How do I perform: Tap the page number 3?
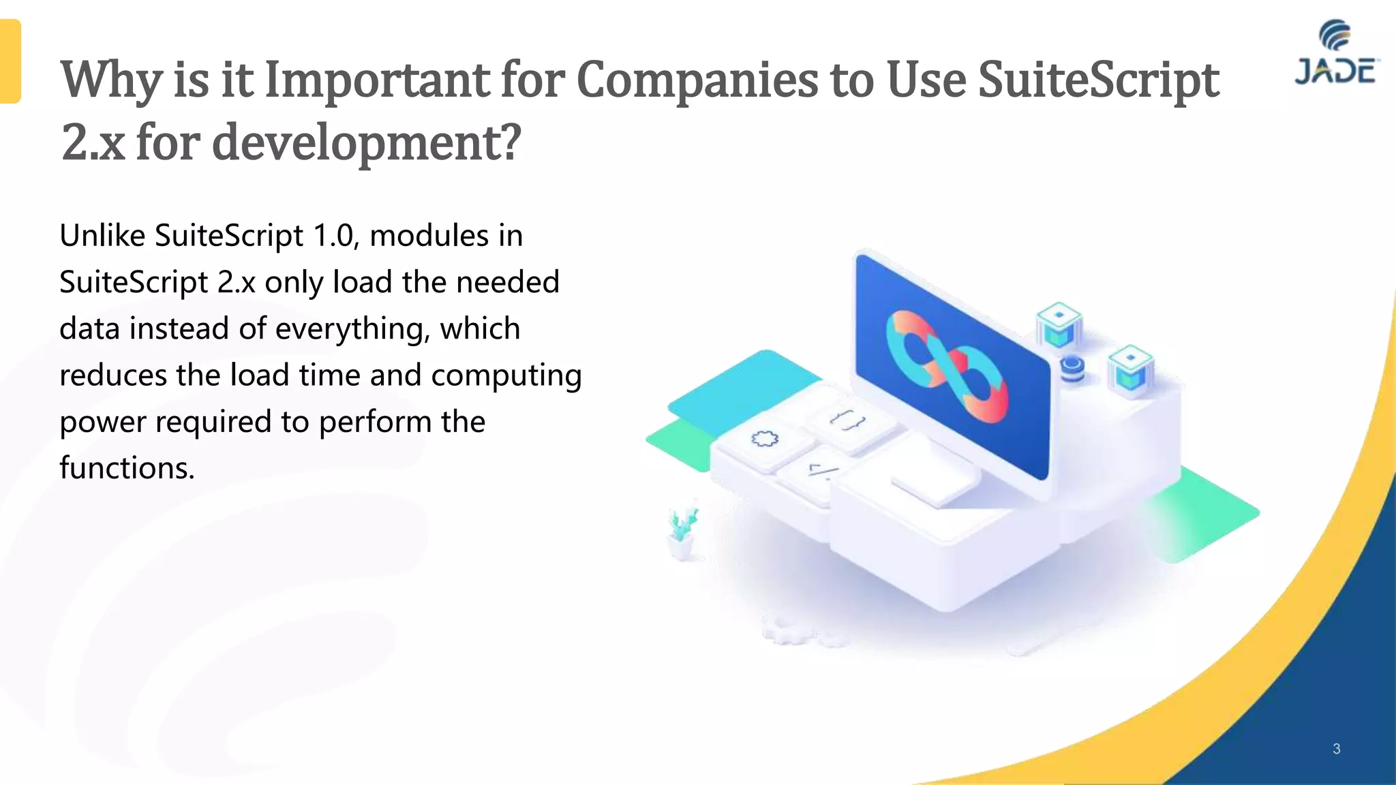tap(1336, 749)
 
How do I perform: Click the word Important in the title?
tap(379, 80)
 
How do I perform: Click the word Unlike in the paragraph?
tap(102, 236)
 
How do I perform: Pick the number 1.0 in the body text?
tap(335, 236)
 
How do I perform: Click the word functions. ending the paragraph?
tap(127, 468)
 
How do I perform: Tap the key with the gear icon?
tap(764, 440)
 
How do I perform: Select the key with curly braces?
tap(848, 421)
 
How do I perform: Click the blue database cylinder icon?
tap(1072, 369)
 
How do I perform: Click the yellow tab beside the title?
tap(10, 61)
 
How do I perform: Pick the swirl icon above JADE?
tap(1335, 35)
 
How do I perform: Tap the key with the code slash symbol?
tap(818, 471)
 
